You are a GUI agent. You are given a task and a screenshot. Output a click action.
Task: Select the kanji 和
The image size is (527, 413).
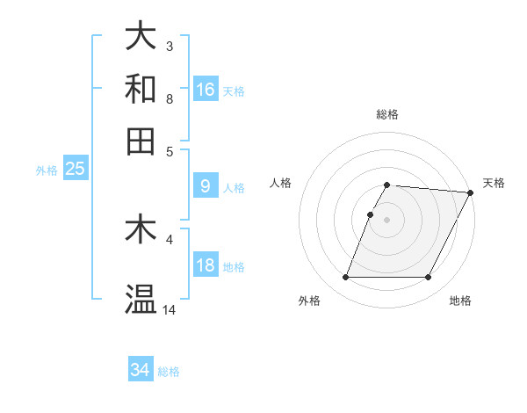(141, 89)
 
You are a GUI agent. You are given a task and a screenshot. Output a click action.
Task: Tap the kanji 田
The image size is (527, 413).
(141, 141)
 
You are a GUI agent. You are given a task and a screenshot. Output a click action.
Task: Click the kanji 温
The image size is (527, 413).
(141, 300)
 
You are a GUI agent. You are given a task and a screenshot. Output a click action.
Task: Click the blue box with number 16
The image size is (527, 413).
(206, 89)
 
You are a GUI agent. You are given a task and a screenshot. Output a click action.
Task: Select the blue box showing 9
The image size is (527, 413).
(206, 185)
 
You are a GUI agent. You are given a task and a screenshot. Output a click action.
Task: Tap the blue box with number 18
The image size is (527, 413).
(206, 265)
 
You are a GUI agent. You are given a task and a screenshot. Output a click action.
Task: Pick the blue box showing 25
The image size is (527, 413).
(75, 169)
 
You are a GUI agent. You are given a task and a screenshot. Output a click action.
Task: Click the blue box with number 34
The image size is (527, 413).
(141, 370)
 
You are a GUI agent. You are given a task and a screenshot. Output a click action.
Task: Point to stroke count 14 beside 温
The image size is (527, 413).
(170, 310)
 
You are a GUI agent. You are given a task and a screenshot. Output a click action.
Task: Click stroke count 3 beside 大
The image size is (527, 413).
(169, 46)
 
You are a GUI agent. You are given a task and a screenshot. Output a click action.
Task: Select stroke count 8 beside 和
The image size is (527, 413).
(169, 99)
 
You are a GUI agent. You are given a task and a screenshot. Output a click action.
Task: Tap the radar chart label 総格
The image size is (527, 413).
(387, 115)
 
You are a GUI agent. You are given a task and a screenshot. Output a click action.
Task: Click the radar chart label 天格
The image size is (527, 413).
(494, 183)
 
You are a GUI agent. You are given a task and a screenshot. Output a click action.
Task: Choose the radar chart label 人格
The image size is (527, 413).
(281, 183)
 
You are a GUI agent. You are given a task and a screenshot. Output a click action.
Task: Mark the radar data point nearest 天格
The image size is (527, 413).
(471, 192)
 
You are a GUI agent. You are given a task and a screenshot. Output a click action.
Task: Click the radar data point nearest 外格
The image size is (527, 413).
(346, 278)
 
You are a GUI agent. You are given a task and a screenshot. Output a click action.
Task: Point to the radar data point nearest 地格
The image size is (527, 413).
(429, 278)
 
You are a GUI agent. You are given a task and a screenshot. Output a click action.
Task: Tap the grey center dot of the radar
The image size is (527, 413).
(387, 220)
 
